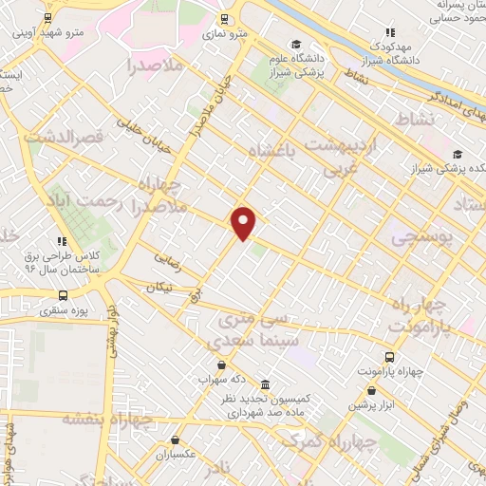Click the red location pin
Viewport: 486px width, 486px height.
click(245, 222)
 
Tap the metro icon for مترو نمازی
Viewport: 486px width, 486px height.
click(224, 18)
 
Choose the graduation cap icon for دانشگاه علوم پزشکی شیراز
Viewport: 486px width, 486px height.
click(296, 45)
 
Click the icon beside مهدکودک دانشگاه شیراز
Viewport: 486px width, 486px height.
click(390, 32)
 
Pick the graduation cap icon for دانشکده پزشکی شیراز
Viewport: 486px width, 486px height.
click(458, 155)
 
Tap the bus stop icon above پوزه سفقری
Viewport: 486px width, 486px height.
click(63, 294)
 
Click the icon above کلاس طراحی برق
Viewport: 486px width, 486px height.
click(63, 240)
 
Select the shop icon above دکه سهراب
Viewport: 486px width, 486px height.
click(221, 364)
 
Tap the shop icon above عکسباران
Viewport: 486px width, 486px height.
click(177, 439)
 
